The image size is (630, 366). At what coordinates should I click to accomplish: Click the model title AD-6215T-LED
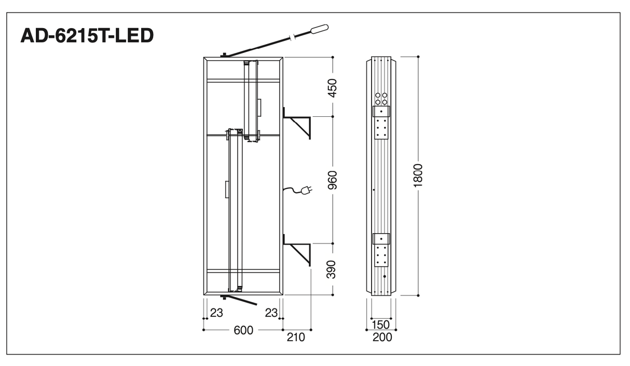(87, 35)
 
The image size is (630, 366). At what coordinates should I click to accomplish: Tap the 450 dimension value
(333, 88)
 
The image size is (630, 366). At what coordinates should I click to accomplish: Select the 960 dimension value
(333, 180)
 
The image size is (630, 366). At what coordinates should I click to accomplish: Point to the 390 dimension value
(332, 269)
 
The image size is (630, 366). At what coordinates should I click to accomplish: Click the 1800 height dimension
(418, 175)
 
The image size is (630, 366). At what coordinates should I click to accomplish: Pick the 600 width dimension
(243, 330)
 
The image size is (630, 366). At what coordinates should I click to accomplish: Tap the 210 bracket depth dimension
(296, 337)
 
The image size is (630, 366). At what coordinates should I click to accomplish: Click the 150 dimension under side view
(380, 324)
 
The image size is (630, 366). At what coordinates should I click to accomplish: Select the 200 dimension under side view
(382, 337)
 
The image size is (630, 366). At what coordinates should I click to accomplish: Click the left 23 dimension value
(216, 313)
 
